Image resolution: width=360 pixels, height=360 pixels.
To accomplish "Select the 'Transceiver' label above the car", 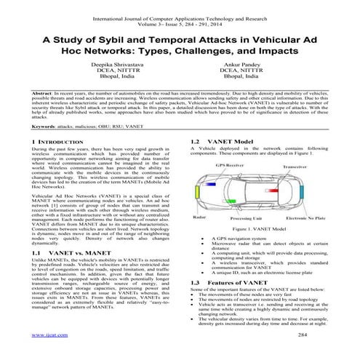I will click(x=294, y=166).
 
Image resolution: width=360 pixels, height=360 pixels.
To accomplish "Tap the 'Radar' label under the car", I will click(x=197, y=217).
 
